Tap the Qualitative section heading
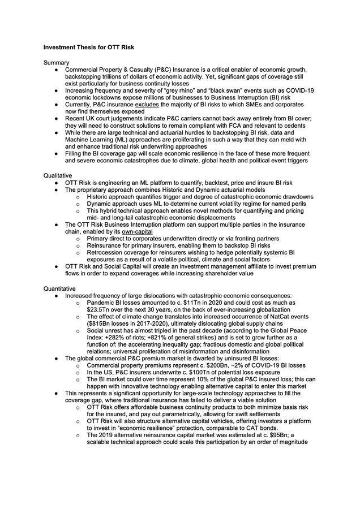(59, 176)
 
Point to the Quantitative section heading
(61, 288)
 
